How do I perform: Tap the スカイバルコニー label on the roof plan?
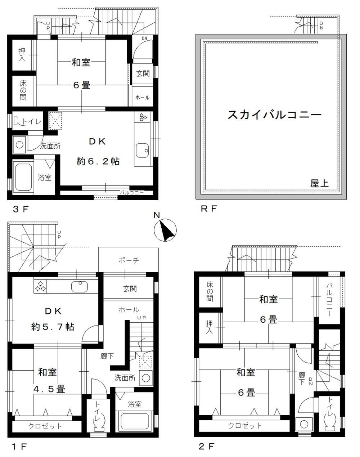(274, 115)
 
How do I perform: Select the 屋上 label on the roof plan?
(319, 183)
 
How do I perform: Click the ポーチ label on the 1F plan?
(129, 260)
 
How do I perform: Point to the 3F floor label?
(21, 209)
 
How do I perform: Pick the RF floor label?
(209, 209)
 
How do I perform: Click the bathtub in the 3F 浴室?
(23, 177)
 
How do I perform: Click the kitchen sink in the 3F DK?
(143, 150)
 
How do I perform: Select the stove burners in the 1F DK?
(40, 286)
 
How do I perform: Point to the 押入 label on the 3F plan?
(22, 55)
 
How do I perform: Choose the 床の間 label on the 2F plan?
(210, 292)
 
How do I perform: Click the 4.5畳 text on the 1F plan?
(49, 389)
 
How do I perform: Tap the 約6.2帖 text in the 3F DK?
(98, 161)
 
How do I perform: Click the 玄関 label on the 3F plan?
(143, 74)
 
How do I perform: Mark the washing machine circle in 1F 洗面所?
(146, 378)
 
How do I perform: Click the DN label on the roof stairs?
(321, 25)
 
